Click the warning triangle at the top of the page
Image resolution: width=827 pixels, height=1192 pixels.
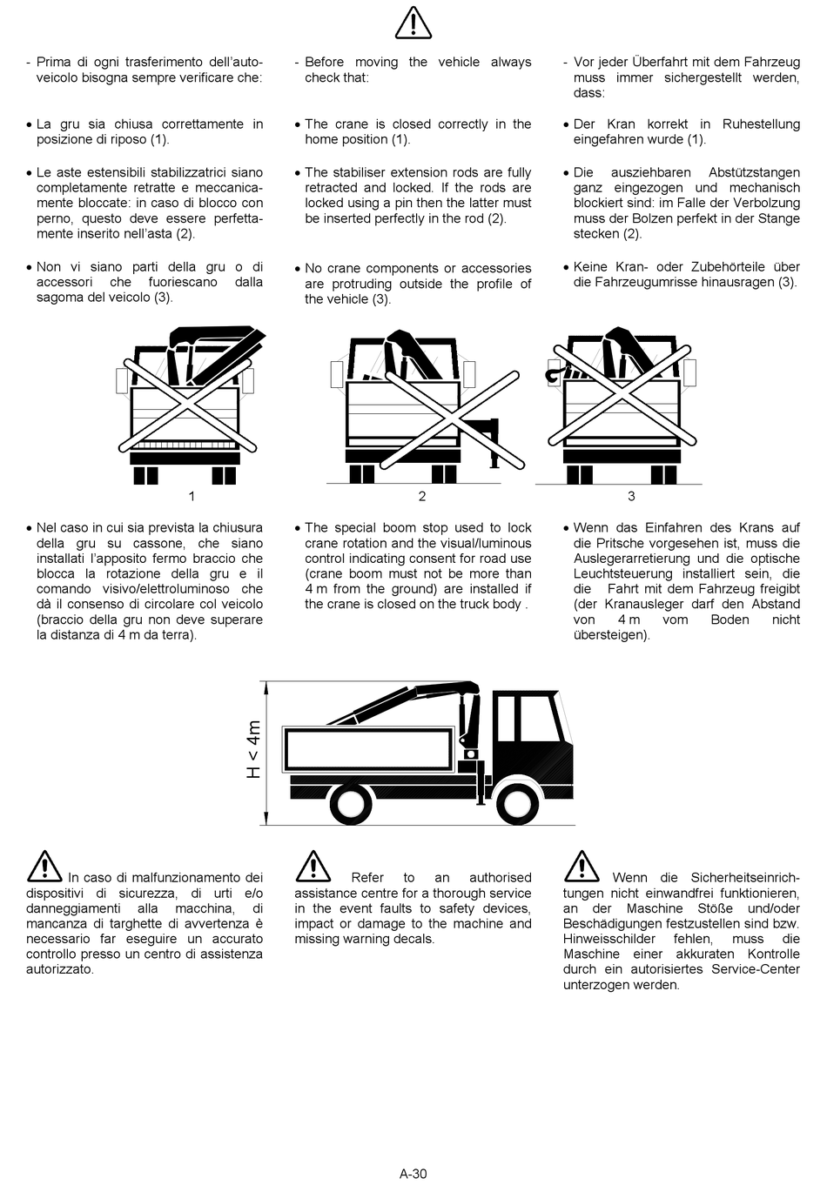point(413,23)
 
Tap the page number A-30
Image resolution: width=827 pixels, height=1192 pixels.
point(413,1174)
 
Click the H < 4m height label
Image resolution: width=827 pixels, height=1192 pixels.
point(253,749)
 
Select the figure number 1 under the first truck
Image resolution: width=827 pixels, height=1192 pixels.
point(192,496)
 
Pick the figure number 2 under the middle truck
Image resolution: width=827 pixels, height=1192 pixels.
point(422,496)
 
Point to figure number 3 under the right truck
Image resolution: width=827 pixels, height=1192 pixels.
point(631,496)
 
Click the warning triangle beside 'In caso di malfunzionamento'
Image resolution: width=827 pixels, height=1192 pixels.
point(44,867)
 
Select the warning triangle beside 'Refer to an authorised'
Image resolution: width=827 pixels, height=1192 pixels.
point(313,867)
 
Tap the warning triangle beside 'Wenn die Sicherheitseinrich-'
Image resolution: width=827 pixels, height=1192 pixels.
point(582,867)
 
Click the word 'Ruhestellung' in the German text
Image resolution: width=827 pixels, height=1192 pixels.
point(761,124)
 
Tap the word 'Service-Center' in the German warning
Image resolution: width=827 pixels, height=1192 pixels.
point(756,969)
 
